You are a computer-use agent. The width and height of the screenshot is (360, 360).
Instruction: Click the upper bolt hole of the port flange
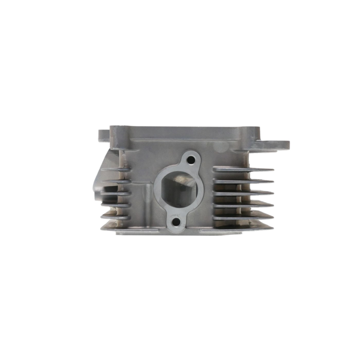click(x=191, y=160)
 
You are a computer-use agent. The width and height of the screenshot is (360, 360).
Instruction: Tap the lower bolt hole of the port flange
click(x=176, y=220)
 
